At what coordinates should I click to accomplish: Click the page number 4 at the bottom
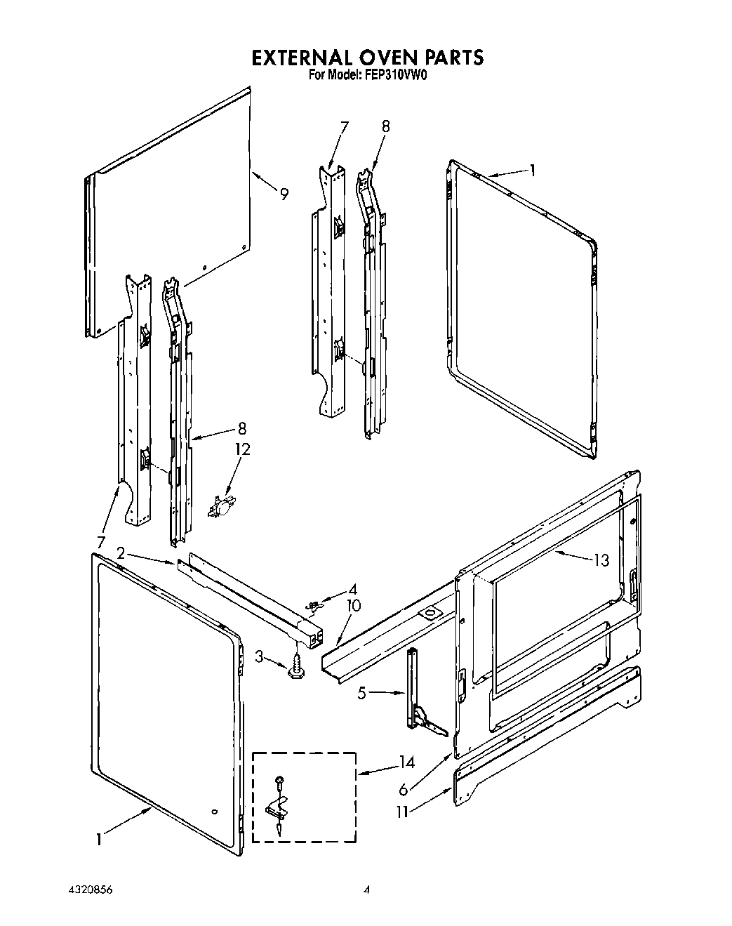tap(366, 890)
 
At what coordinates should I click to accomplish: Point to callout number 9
tap(284, 194)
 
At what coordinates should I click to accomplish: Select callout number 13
tap(601, 560)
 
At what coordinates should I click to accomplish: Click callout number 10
tap(353, 605)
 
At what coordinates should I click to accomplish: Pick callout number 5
tap(362, 694)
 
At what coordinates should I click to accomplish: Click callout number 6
tap(402, 788)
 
